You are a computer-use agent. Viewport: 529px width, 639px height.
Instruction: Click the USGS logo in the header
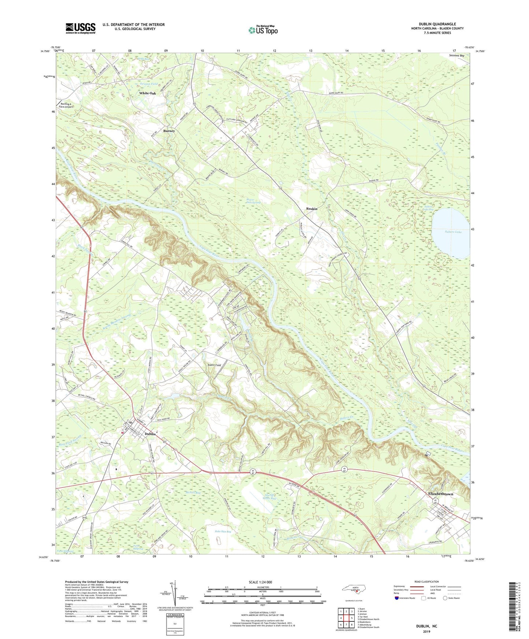81,28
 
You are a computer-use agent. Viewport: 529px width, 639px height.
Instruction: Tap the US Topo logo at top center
263,30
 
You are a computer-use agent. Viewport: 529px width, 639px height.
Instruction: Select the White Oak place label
147,93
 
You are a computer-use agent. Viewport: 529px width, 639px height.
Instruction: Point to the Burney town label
169,131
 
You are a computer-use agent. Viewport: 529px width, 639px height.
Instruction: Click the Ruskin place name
312,209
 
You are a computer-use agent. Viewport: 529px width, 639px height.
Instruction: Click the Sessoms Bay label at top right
457,56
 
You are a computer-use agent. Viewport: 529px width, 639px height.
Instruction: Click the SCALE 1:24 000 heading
263,582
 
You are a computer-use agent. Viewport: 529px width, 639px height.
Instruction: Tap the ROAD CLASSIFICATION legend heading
426,582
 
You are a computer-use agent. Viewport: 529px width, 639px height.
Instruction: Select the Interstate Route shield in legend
397,598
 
